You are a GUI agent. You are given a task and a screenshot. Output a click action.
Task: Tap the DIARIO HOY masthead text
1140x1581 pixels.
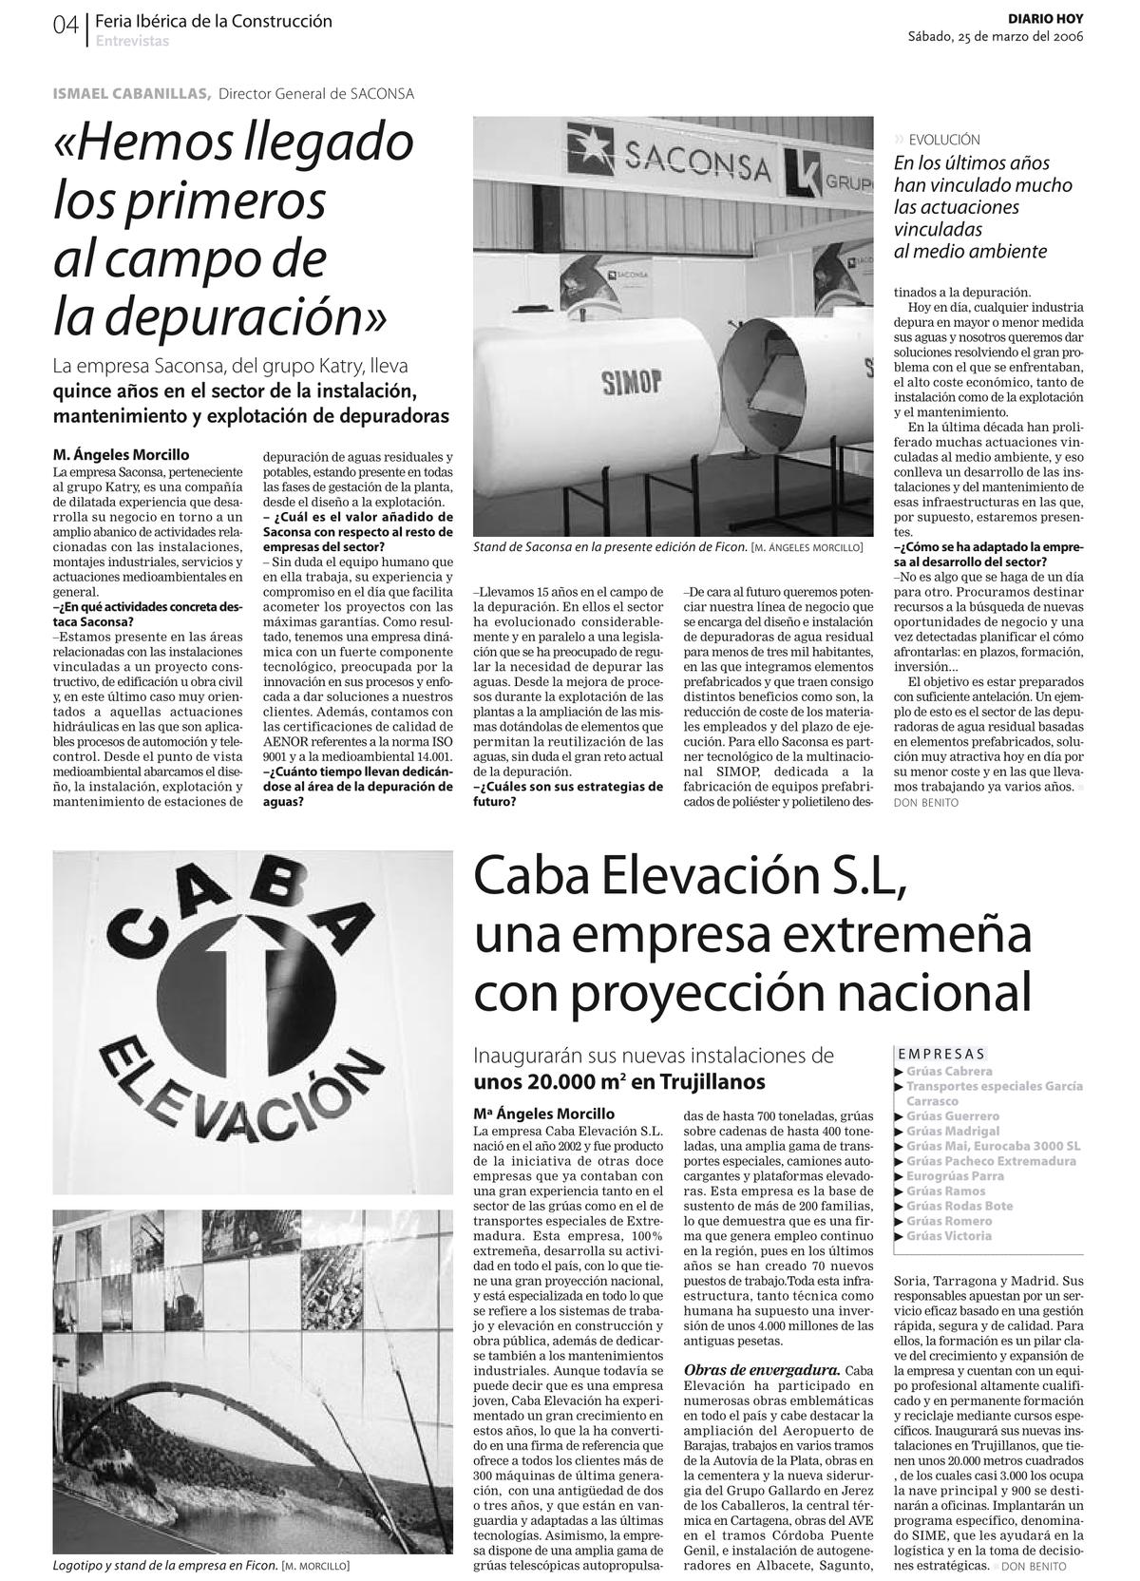pyautogui.click(x=1045, y=19)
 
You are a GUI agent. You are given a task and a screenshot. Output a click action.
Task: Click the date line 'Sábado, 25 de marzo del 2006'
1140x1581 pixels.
pyautogui.click(x=995, y=37)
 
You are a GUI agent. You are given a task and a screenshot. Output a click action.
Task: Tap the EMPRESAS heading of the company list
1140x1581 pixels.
pyautogui.click(x=940, y=1053)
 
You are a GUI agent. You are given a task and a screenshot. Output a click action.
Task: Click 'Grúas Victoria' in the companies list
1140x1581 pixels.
pyautogui.click(x=948, y=1236)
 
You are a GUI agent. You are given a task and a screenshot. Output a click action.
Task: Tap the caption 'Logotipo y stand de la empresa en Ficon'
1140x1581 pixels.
pyautogui.click(x=165, y=1566)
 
